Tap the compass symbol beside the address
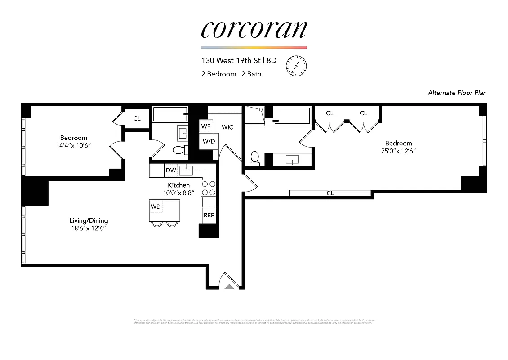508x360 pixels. pos(296,65)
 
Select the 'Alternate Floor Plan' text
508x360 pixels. pos(457,93)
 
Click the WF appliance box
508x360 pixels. pos(206,126)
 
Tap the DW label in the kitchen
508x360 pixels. pos(171,171)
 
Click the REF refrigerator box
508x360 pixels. pos(209,215)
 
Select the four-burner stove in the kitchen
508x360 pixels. pos(209,188)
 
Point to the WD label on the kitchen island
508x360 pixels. pos(156,207)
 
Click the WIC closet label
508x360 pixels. pos(227,127)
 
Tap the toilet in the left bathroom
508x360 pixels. pos(178,150)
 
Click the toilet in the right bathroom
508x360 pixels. pos(254,158)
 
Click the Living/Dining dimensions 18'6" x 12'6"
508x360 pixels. pos(89,229)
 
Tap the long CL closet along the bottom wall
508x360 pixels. pos(330,193)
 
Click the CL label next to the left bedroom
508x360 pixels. pos(137,119)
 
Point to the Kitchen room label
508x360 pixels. pos(178,185)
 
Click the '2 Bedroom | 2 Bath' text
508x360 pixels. pos(231,74)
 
